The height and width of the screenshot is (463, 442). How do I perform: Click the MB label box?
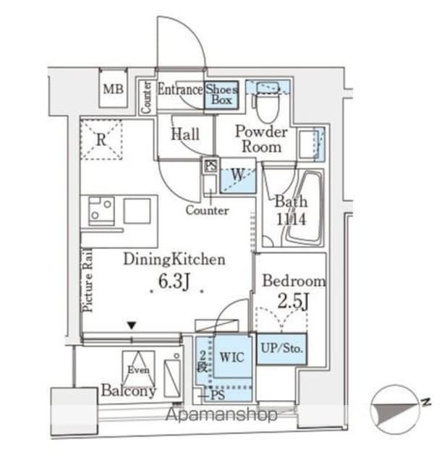(112, 90)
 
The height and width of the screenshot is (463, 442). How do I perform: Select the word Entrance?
(179, 90)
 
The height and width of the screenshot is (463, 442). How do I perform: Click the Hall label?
(185, 134)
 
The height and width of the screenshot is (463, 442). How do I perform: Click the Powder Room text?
(261, 139)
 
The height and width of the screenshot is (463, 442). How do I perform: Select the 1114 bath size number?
(290, 218)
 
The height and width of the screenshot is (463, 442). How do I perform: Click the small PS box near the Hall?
(211, 165)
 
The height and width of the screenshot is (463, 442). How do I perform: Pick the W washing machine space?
(237, 175)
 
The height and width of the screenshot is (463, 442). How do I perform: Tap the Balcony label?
(128, 391)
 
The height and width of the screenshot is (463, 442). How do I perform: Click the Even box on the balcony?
(137, 369)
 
